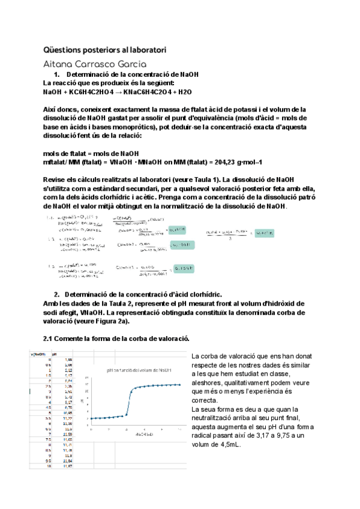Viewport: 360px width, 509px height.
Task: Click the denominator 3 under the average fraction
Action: click(231, 238)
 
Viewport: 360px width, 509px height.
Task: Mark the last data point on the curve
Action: click(180, 384)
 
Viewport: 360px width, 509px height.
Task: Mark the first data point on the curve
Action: click(91, 418)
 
